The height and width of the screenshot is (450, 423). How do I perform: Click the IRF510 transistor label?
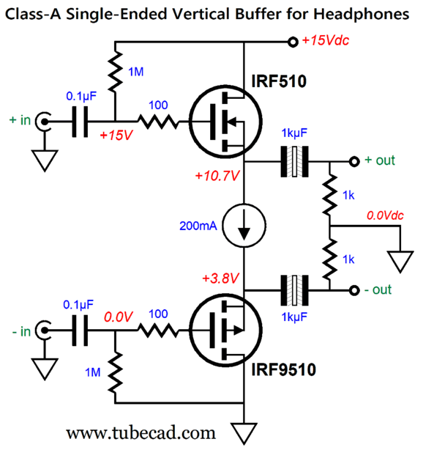pyautogui.click(x=279, y=81)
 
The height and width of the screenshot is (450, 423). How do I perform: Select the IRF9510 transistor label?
pyautogui.click(x=283, y=369)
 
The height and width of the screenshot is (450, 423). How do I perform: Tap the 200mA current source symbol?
pyautogui.click(x=244, y=225)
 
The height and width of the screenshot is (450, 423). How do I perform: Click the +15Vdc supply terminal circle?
pyautogui.click(x=293, y=42)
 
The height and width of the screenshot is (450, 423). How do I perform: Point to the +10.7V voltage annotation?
pyautogui.click(x=217, y=176)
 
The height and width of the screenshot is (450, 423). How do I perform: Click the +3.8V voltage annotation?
pyautogui.click(x=220, y=278)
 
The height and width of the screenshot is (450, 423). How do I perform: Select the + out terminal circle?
pyautogui.click(x=354, y=161)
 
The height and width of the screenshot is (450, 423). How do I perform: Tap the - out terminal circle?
pyautogui.click(x=354, y=291)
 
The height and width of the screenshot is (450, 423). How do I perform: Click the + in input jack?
pyautogui.click(x=43, y=122)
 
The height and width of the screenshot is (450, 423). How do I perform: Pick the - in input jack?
pyautogui.click(x=43, y=330)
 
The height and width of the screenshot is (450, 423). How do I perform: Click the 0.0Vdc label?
pyautogui.click(x=385, y=215)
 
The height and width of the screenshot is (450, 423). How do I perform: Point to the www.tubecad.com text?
pyautogui.click(x=141, y=433)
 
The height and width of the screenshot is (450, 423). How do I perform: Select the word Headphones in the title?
pyautogui.click(x=361, y=14)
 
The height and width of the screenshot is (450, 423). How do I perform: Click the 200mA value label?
pyautogui.click(x=198, y=226)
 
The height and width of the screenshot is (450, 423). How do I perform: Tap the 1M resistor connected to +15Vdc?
pyautogui.click(x=115, y=72)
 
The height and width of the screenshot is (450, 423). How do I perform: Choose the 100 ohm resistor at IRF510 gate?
pyautogui.click(x=158, y=122)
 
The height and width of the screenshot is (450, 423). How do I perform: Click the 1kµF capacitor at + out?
pyautogui.click(x=295, y=161)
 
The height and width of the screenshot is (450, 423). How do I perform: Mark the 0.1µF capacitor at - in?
pyautogui.click(x=80, y=331)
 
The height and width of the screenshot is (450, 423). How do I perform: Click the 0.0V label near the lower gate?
pyautogui.click(x=118, y=317)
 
